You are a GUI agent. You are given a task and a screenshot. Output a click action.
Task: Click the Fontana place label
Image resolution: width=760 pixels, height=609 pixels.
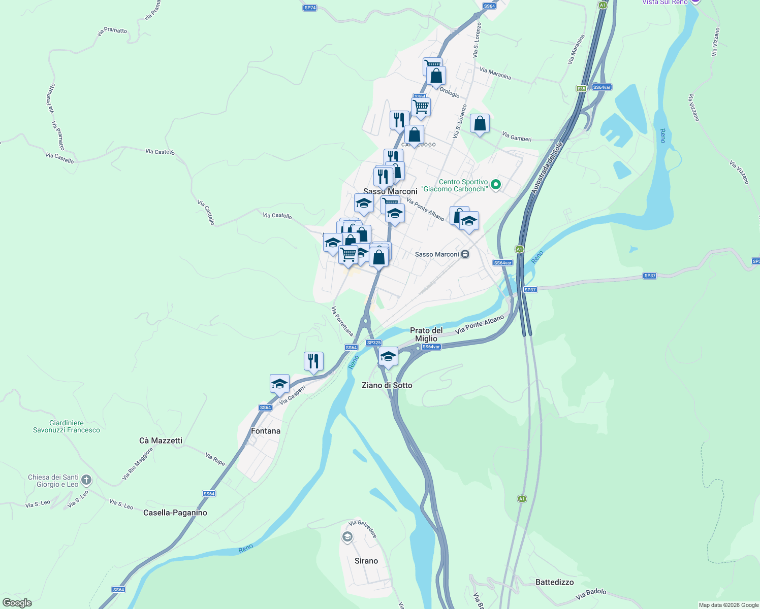[265, 431]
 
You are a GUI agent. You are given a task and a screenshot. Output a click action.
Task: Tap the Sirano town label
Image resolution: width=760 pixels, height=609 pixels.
[366, 561]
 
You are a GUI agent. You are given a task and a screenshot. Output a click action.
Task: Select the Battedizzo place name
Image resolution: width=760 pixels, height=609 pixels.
[554, 582]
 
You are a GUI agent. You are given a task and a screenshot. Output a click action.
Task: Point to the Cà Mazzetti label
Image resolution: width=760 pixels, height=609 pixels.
[161, 441]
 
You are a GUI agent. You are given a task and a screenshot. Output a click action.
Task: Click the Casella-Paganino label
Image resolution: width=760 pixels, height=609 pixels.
[175, 513]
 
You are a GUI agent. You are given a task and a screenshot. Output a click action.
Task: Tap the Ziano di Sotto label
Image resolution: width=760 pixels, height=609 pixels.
[387, 385]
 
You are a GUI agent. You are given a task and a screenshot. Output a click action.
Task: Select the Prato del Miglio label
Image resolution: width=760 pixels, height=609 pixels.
[426, 334]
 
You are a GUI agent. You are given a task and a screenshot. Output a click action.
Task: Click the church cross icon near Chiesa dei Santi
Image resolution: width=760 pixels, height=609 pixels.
[86, 480]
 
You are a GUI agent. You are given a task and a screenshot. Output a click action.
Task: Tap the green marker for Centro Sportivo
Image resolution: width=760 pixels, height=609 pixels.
[496, 185]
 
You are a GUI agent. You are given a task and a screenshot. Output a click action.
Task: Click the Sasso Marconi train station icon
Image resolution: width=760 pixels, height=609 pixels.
[465, 254]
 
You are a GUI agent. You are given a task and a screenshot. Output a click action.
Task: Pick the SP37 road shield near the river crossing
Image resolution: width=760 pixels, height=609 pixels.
[530, 290]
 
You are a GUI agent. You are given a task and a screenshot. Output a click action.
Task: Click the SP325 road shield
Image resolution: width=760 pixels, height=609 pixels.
[373, 343]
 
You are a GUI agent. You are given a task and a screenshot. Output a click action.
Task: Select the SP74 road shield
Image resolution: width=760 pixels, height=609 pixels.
[310, 8]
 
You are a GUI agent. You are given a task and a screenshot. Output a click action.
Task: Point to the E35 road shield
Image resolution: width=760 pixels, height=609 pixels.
[581, 89]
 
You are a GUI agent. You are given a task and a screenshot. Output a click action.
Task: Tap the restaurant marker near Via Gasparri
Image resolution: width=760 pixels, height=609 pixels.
[313, 361]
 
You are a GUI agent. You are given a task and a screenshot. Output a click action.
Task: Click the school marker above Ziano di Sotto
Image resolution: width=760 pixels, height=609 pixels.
[388, 356]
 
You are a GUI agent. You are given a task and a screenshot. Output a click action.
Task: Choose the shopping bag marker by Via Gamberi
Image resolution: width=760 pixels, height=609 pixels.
[480, 123]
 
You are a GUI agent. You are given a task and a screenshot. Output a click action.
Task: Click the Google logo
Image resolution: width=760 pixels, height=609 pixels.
[17, 603]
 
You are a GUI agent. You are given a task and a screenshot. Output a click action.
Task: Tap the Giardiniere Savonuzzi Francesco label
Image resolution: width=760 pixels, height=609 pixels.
[67, 426]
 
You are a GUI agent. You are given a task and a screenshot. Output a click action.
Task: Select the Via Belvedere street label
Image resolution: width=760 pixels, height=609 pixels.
[363, 529]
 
